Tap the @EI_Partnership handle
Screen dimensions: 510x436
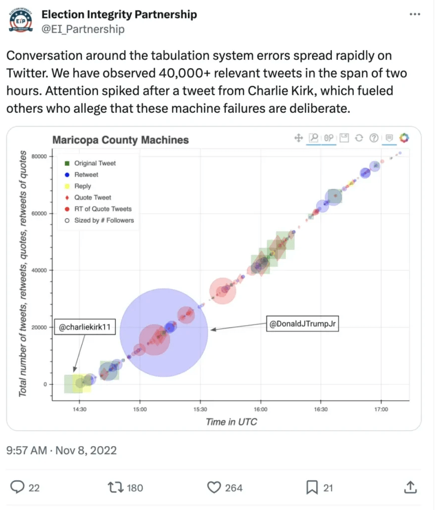[83, 29]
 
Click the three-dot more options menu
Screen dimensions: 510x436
[414, 14]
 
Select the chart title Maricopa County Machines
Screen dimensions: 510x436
[121, 140]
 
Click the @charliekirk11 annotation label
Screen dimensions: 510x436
[84, 327]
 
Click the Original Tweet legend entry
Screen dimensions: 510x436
[95, 163]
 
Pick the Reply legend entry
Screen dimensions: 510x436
[83, 186]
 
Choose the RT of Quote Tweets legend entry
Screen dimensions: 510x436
[103, 209]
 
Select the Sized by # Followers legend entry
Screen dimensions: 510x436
[104, 220]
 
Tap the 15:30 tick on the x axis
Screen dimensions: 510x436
[200, 410]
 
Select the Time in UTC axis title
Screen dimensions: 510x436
[231, 422]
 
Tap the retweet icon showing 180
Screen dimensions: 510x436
[115, 487]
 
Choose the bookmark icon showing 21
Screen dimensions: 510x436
[312, 487]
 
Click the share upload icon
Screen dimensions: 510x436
[410, 487]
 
